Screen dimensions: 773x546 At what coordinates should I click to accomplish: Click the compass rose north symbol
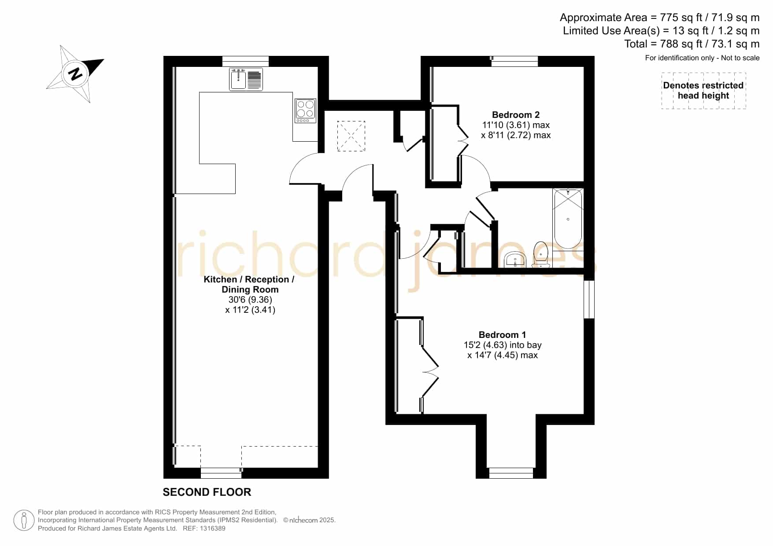pos(75,73)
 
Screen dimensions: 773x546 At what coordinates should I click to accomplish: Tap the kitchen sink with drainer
pos(246,79)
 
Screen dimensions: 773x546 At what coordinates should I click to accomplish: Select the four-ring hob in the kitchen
pos(305,110)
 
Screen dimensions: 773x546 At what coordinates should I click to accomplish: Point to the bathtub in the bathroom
pos(568,219)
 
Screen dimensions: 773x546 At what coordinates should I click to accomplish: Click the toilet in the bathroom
pos(540,255)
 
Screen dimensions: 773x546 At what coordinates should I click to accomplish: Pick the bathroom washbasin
pos(515,260)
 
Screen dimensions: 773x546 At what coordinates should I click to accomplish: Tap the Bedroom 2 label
pos(516,115)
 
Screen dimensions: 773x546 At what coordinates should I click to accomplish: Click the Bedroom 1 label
pos(502,335)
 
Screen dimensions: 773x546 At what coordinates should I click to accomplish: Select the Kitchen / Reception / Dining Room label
pos(249,284)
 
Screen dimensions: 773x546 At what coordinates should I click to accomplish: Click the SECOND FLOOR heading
pos(207,492)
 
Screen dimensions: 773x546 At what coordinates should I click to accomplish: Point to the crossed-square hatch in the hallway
pos(351,136)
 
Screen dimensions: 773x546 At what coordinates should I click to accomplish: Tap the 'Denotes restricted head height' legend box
pos(703,91)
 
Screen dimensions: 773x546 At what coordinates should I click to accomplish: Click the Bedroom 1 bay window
pos(511,473)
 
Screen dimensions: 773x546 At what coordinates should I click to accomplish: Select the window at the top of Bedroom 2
pos(515,61)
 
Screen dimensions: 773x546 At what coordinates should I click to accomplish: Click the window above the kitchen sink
pos(245,61)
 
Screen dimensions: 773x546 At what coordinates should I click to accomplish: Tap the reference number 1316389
pos(214,528)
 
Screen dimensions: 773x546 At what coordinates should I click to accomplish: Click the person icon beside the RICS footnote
pos(24,520)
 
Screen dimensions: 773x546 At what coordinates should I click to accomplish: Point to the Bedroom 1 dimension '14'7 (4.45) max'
pos(503,355)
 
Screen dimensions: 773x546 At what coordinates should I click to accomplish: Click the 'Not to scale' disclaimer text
pos(740,58)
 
